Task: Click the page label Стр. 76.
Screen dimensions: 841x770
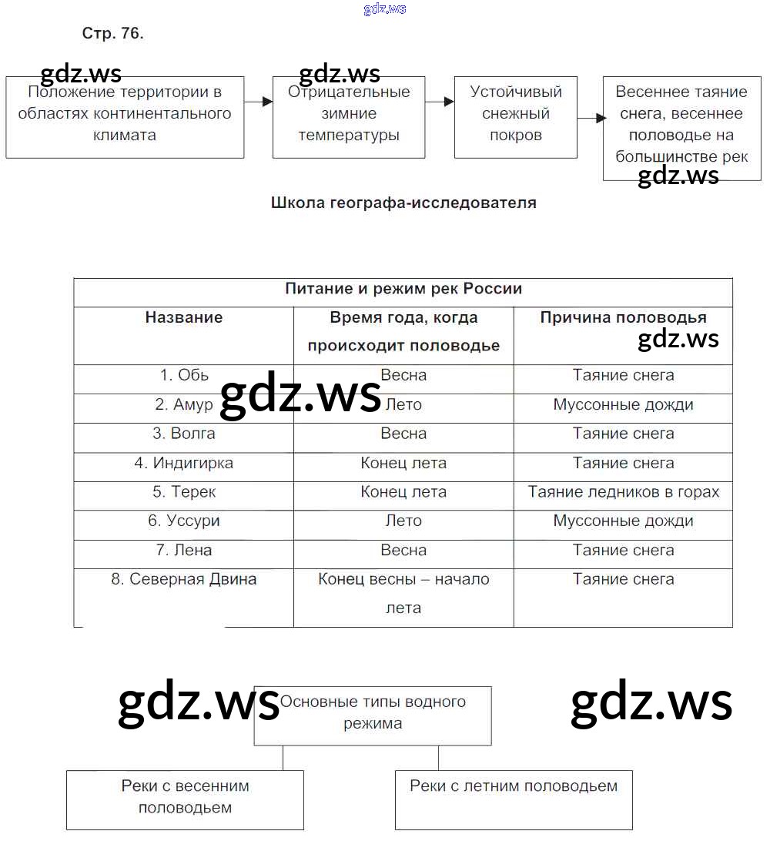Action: pos(112,34)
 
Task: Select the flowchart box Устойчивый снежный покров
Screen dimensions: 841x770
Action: pos(515,117)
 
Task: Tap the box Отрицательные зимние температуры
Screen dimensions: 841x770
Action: pos(349,117)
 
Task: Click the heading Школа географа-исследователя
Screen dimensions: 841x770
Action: pos(403,203)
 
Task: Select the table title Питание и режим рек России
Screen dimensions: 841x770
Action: pos(403,290)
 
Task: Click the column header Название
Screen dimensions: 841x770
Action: pos(184,317)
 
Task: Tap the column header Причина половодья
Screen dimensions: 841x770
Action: pos(623,317)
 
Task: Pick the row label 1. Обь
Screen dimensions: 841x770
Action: pos(184,375)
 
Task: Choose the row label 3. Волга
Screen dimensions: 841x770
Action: pos(184,434)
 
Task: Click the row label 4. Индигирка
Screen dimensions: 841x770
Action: pos(184,463)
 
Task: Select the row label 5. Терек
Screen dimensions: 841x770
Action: pos(184,492)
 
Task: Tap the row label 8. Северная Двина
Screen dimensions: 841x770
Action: pos(184,579)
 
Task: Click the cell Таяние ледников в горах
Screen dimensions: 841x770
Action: pos(623,492)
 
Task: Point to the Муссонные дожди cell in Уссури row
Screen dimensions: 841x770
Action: pos(623,521)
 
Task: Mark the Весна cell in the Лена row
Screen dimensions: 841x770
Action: pos(403,550)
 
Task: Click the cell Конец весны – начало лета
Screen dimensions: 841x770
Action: pos(403,594)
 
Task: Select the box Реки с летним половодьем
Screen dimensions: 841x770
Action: pos(514,799)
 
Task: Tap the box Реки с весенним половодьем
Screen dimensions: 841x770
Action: pos(185,799)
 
